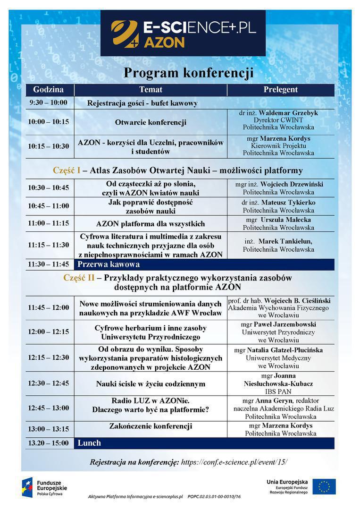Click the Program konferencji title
point(188,73)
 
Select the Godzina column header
point(48,90)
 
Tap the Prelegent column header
point(280,90)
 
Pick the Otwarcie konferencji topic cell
point(151,122)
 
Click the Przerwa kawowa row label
point(109,264)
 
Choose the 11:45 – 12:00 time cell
point(48,308)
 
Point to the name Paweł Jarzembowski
point(285,324)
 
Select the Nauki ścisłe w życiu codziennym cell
point(151,383)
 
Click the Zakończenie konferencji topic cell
point(151,426)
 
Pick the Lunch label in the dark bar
point(89,443)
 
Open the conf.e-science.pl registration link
point(234,462)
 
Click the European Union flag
point(324,486)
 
